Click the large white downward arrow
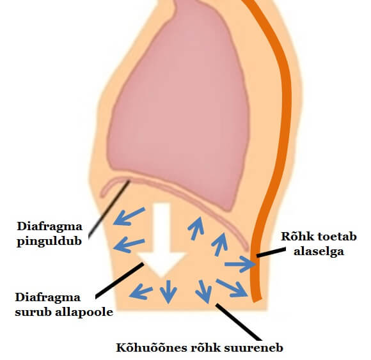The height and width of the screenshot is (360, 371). [162, 239]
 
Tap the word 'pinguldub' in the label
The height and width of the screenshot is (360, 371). [49, 242]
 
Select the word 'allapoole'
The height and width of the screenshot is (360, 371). [84, 312]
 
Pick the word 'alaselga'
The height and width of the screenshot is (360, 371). [319, 251]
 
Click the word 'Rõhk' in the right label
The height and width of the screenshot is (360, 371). [295, 237]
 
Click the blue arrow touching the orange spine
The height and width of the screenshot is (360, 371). [240, 264]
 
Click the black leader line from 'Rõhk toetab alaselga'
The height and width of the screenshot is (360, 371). [271, 253]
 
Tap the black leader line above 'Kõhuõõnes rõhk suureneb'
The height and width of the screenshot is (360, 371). [239, 322]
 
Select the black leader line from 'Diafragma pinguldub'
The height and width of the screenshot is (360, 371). [109, 208]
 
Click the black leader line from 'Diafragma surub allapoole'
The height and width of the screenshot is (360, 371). [120, 280]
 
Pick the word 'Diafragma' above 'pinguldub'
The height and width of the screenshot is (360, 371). [50, 226]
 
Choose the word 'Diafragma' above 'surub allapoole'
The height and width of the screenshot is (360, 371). [48, 297]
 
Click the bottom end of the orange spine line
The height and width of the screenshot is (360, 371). [257, 300]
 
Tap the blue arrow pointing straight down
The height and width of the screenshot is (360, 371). [168, 292]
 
